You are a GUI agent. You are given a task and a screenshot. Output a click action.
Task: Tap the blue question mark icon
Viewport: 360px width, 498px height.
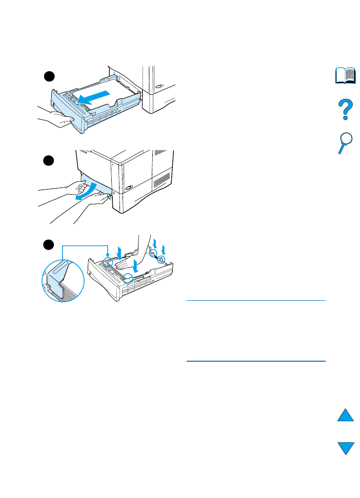tap(346, 110)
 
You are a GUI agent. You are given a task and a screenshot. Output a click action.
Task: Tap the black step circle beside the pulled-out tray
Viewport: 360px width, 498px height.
tap(49, 76)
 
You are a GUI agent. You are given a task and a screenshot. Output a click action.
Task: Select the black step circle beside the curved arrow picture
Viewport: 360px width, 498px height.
tap(49, 161)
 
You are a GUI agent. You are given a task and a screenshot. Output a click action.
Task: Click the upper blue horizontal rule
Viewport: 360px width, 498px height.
tap(256, 301)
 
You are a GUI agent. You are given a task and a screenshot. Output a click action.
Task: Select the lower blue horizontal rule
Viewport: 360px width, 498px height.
tap(256, 361)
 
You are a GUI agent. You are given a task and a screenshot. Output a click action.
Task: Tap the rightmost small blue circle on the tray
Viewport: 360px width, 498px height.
tap(162, 260)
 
